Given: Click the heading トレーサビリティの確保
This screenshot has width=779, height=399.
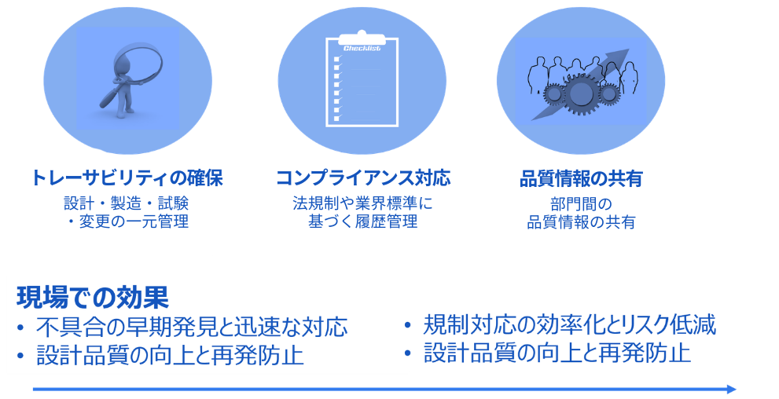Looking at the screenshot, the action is (x=127, y=178).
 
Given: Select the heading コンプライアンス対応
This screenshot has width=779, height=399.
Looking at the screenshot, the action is (x=363, y=178).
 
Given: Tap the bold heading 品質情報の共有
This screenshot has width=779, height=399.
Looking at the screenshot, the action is (x=581, y=178).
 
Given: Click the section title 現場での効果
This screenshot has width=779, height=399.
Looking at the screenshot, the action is (x=93, y=297).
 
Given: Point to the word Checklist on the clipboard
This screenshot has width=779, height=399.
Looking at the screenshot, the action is (x=362, y=48).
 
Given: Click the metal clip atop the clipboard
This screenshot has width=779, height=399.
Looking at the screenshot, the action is (x=362, y=36).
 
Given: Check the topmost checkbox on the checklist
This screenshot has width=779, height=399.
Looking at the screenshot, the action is (x=337, y=59).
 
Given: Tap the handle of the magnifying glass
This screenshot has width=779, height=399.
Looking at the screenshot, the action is (x=110, y=96).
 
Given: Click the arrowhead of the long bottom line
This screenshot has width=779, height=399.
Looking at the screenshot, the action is (x=730, y=389).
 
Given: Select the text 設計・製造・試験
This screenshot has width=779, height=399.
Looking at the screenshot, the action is (x=127, y=203).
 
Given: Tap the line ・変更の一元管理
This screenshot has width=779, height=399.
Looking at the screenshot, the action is (x=127, y=221).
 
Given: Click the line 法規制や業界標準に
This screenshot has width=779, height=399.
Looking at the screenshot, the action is (x=362, y=203).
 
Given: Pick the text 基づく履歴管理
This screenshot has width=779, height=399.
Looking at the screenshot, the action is (x=362, y=221).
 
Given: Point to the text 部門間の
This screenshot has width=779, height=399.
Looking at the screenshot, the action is (x=581, y=204).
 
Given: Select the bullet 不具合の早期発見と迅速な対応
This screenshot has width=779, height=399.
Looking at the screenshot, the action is (x=191, y=327).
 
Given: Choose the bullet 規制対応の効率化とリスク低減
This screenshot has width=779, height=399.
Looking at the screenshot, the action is (x=569, y=325).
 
